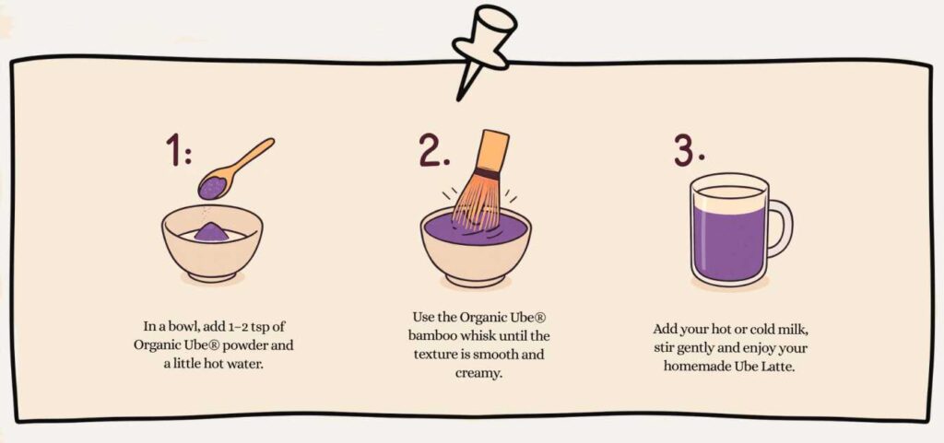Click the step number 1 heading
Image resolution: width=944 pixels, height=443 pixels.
(179, 150)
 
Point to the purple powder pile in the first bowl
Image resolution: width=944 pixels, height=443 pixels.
(211, 232)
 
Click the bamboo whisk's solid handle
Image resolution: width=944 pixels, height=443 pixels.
(492, 151)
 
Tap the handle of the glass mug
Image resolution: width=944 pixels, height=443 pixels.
(779, 229)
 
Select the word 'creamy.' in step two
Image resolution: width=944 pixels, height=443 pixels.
(478, 374)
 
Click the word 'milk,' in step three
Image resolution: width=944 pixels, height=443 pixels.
(786, 330)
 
